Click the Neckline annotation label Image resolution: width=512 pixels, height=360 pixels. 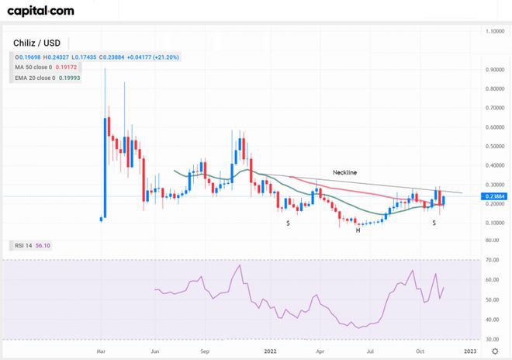click(344, 171)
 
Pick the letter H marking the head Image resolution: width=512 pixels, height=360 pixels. click(358, 230)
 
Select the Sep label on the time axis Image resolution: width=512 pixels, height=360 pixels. click(206, 351)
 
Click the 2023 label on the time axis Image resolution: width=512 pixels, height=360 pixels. click(470, 351)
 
